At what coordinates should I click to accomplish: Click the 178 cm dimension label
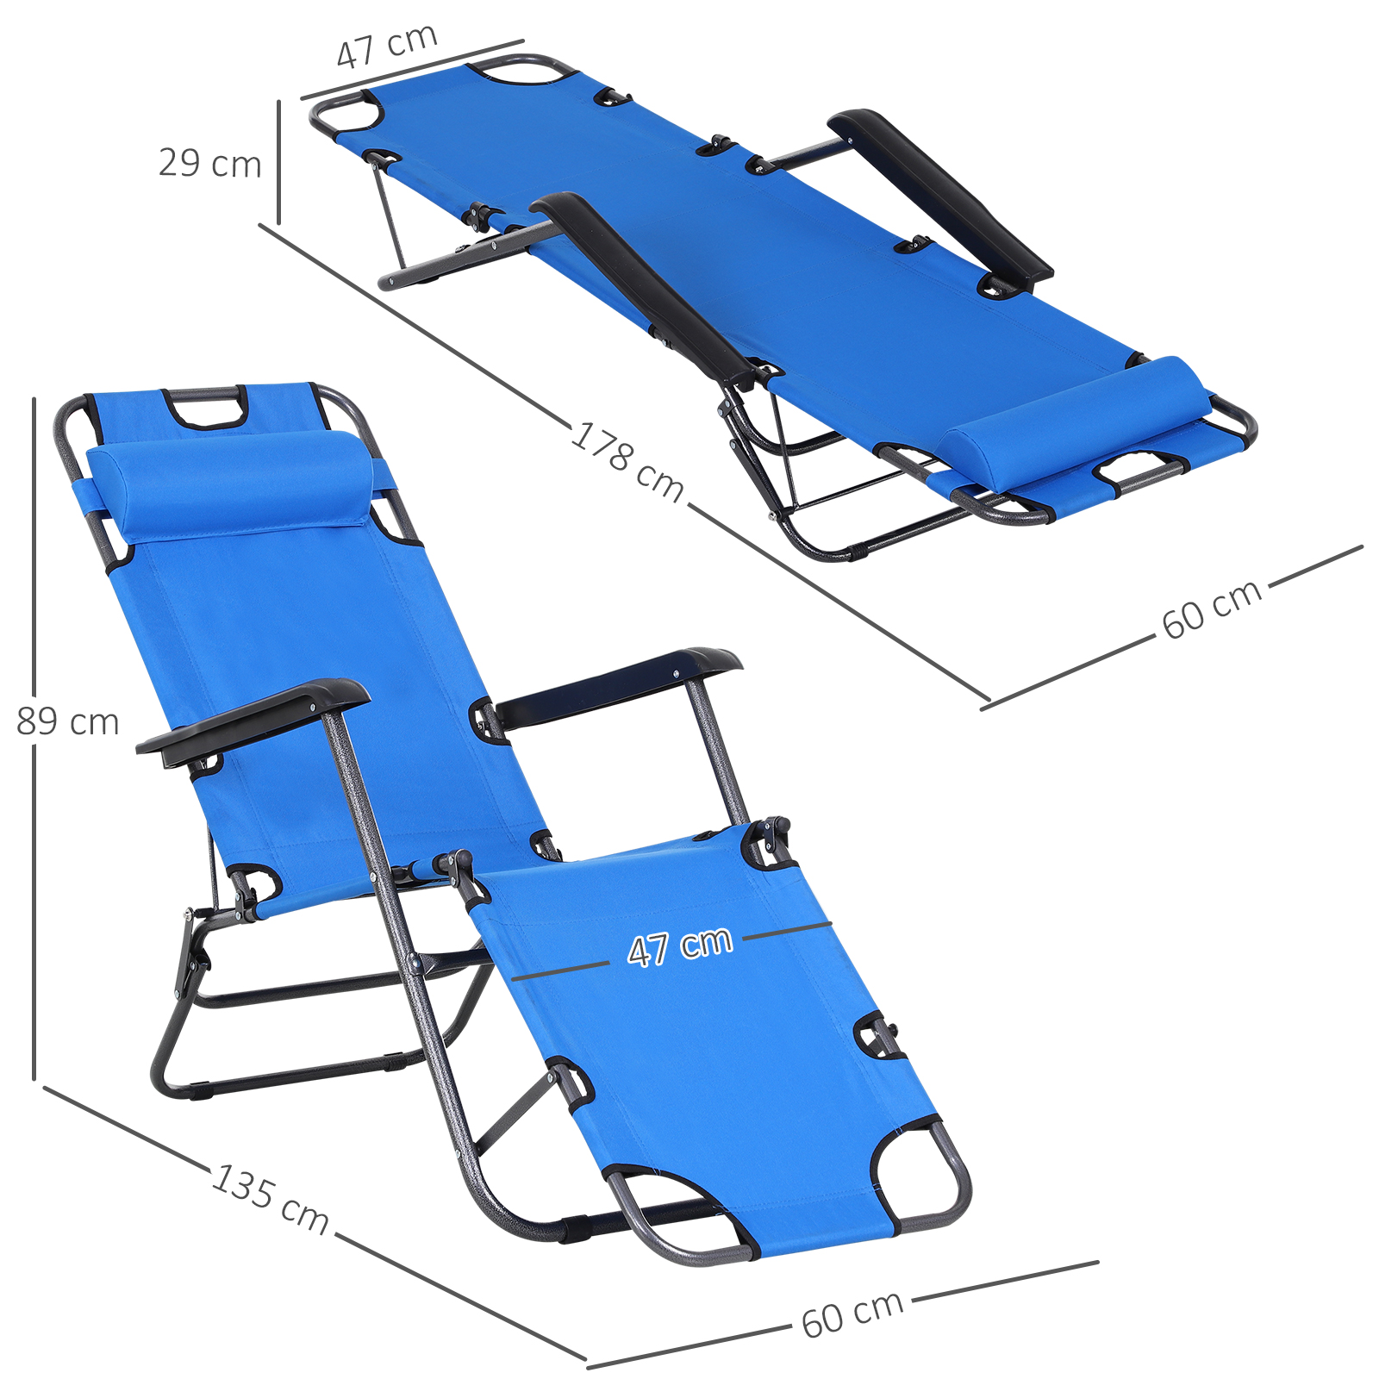tap(627, 461)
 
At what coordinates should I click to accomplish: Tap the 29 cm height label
tap(209, 164)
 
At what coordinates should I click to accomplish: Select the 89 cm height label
tap(68, 721)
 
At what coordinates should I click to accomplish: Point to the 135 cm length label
tap(271, 1198)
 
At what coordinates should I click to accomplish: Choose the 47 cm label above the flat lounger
tap(387, 46)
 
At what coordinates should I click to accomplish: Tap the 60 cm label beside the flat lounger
tap(1212, 608)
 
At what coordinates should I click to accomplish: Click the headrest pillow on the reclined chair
tap(232, 485)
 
